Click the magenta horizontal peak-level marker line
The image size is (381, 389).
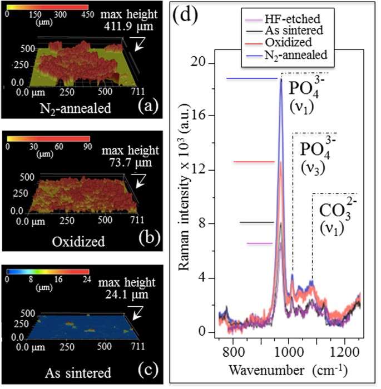(x=260, y=243)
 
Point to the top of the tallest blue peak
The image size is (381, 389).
(x=281, y=79)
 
